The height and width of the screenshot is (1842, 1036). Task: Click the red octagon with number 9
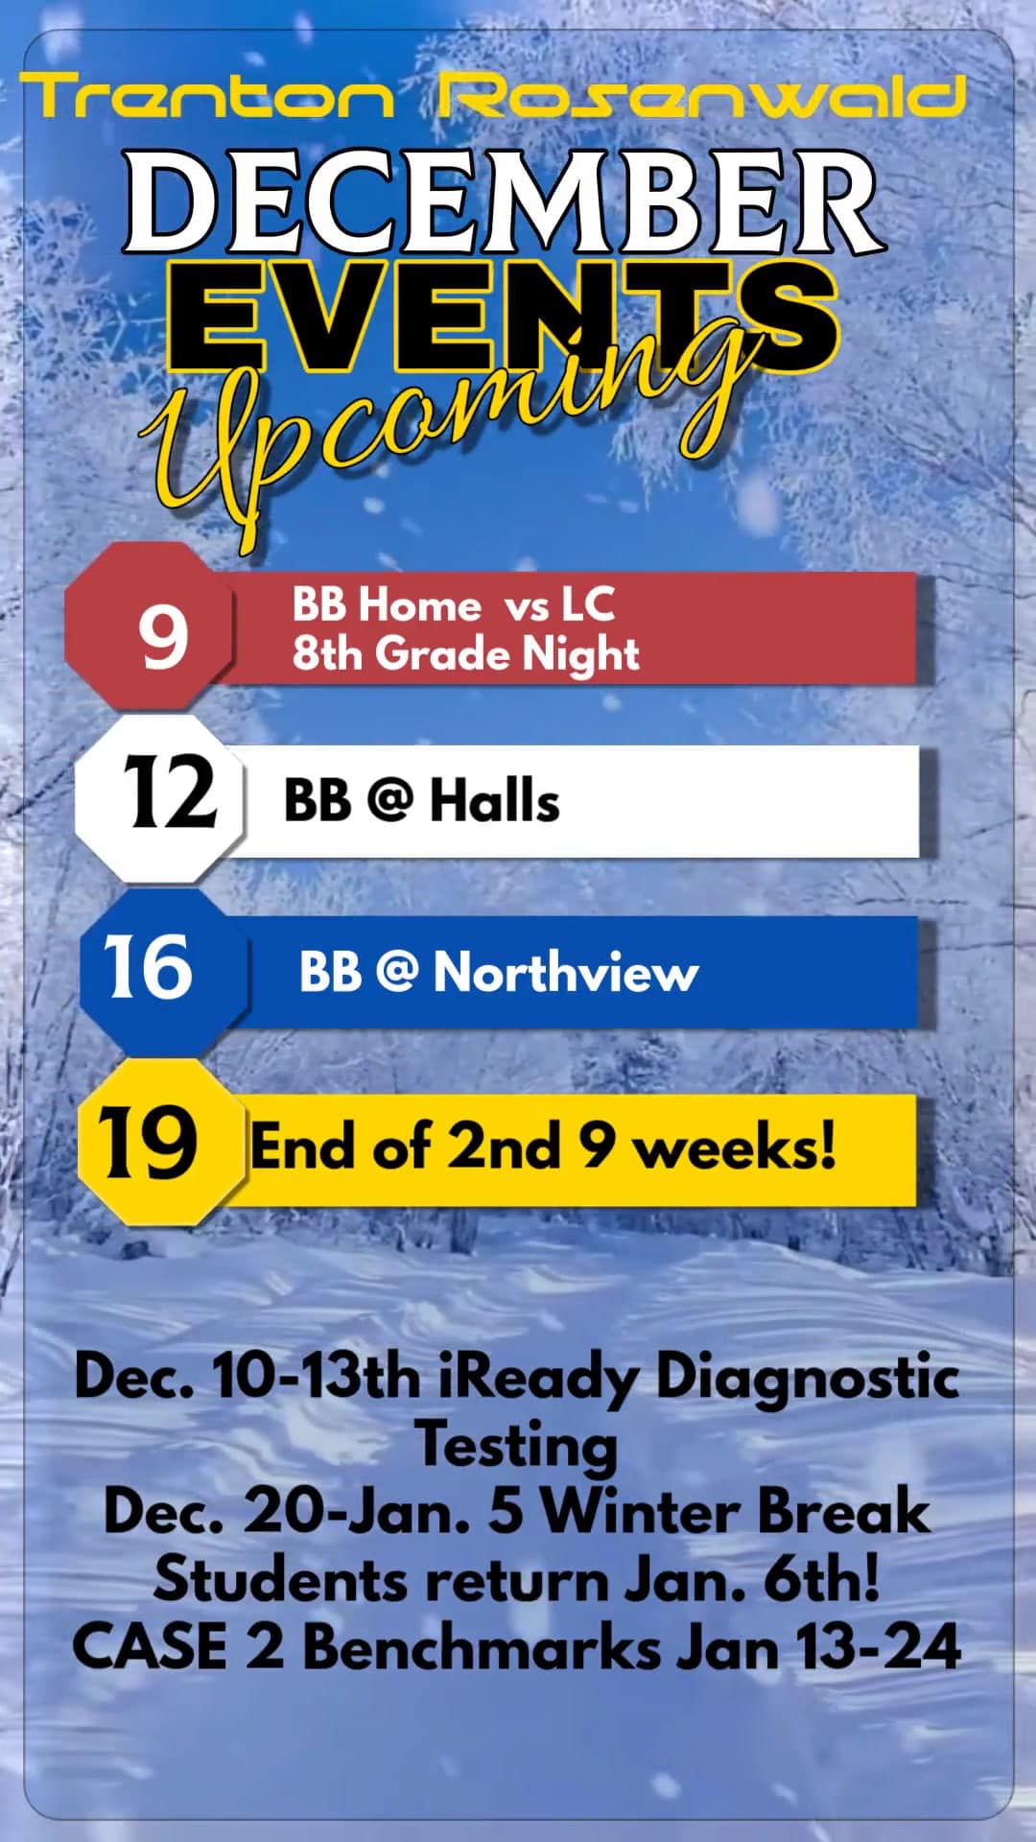coord(151,626)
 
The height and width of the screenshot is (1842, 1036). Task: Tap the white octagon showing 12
coord(160,798)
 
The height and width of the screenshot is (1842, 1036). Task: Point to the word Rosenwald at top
coord(702,97)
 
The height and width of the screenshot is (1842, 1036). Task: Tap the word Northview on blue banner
coord(566,972)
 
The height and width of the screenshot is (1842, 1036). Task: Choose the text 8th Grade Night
coord(465,655)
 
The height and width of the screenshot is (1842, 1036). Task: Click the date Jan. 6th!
coord(752,1579)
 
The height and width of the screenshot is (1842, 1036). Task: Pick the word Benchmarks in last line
coord(482,1647)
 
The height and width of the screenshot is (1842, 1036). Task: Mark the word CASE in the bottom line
coord(150,1647)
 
